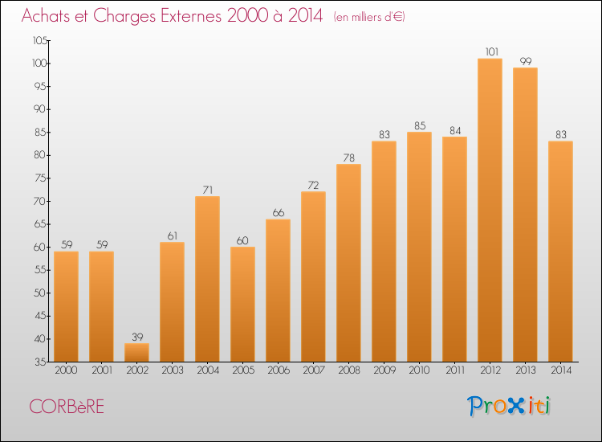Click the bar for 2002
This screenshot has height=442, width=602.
[x=137, y=353]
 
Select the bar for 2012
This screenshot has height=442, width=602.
[x=490, y=210]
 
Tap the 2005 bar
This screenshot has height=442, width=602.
[x=242, y=304]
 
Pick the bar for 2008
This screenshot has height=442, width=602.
[x=348, y=263]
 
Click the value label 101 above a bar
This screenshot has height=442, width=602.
[x=492, y=52]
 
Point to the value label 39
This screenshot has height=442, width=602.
[x=137, y=337]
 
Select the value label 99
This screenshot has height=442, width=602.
[x=526, y=61]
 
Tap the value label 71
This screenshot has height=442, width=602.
[x=208, y=190]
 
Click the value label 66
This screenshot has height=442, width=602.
[x=279, y=213]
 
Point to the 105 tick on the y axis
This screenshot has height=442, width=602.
[x=40, y=40]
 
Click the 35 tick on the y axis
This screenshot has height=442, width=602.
[x=41, y=362]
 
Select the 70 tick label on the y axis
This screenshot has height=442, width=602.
[x=40, y=201]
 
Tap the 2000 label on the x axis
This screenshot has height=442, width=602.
[x=66, y=370]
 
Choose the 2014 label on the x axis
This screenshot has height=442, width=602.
[x=561, y=370]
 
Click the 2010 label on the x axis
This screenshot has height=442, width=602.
[x=419, y=370]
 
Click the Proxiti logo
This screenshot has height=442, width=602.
[x=509, y=406]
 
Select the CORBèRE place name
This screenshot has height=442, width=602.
[x=67, y=407]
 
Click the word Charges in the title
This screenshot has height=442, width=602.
[x=124, y=16]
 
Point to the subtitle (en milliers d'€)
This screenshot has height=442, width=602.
[x=369, y=17]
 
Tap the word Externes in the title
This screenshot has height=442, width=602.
[x=191, y=15]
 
